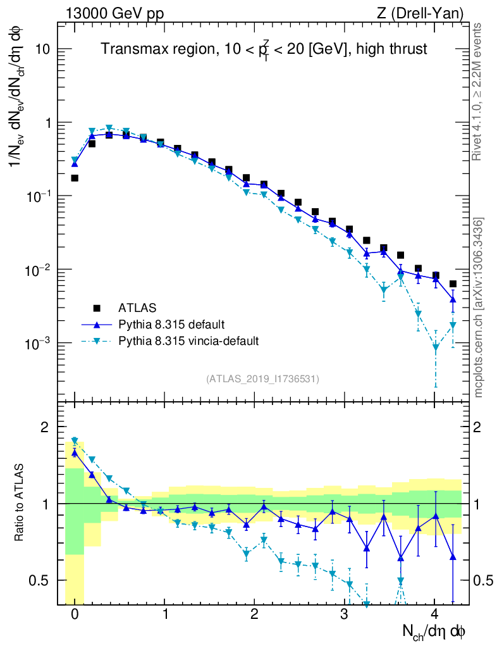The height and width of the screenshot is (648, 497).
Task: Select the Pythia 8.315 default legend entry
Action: click(x=171, y=325)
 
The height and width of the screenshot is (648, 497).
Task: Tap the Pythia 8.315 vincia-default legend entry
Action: click(x=188, y=341)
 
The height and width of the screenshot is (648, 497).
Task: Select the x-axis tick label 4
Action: click(x=434, y=614)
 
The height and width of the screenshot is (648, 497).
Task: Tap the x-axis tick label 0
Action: click(x=75, y=614)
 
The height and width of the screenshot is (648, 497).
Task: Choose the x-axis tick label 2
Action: click(x=254, y=614)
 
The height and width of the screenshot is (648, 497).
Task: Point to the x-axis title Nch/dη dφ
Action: click(x=434, y=631)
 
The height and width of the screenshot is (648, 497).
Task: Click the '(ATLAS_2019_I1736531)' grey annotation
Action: click(x=262, y=378)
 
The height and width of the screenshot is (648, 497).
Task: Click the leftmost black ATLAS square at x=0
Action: click(x=75, y=178)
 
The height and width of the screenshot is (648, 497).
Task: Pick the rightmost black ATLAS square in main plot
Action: click(x=453, y=284)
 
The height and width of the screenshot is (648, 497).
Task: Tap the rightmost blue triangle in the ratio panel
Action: click(x=453, y=557)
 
